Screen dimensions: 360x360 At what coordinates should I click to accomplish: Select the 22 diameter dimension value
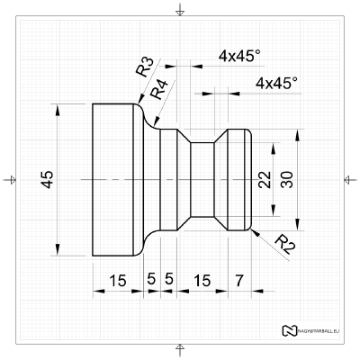pyautogui.click(x=264, y=180)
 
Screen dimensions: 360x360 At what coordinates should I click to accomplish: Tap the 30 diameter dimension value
pyautogui.click(x=286, y=180)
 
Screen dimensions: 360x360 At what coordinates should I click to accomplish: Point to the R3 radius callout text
pyautogui.click(x=144, y=68)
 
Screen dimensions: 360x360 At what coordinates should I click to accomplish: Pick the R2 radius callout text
pyautogui.click(x=283, y=242)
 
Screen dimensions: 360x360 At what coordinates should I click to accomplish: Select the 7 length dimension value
pyautogui.click(x=238, y=281)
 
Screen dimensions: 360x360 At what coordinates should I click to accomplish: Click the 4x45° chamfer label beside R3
pyautogui.click(x=239, y=56)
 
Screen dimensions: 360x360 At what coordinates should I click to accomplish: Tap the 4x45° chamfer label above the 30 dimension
pyautogui.click(x=276, y=83)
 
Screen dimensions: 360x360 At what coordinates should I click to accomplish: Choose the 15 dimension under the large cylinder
pyautogui.click(x=117, y=281)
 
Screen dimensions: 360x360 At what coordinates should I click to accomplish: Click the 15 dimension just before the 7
pyautogui.click(x=202, y=281)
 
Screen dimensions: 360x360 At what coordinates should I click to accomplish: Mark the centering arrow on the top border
pyautogui.click(x=181, y=11)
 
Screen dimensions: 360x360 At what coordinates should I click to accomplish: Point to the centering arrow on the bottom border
pyautogui.click(x=181, y=349)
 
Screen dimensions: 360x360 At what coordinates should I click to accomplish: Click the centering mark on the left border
pyautogui.click(x=11, y=180)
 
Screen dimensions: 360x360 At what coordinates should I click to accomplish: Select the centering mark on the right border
pyautogui.click(x=349, y=180)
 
